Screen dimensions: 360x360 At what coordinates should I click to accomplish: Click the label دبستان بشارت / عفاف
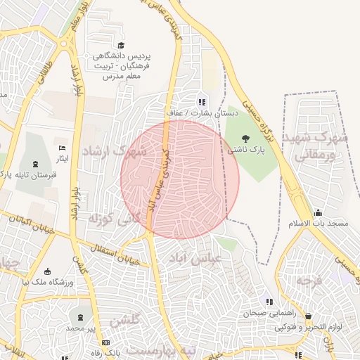[202, 112]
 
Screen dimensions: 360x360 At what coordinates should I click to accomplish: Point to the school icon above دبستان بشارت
[202, 101]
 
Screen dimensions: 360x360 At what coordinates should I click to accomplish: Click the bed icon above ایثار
[62, 148]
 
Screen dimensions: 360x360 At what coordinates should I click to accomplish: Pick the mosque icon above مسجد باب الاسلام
[318, 212]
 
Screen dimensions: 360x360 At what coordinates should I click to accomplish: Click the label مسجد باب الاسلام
[319, 224]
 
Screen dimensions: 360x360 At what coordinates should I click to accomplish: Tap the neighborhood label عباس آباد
[195, 259]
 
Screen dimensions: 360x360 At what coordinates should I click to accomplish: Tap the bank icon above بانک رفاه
[105, 342]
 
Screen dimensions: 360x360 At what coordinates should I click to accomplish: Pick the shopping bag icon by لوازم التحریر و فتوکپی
[308, 316]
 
